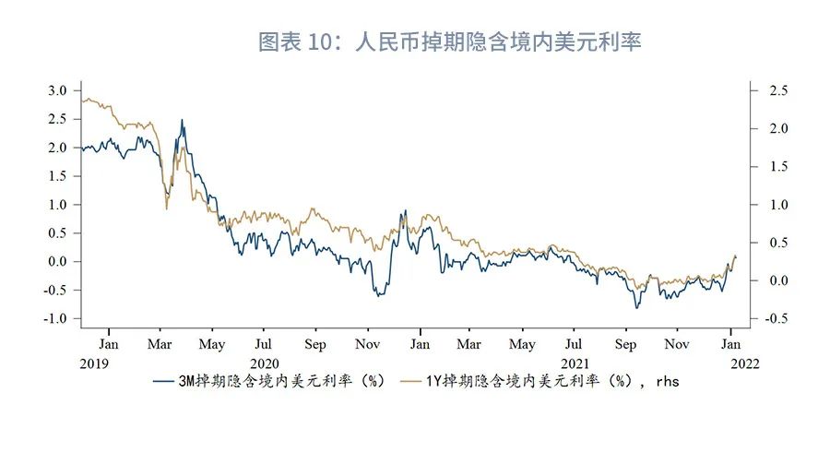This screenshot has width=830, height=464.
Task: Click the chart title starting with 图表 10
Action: pos(449,42)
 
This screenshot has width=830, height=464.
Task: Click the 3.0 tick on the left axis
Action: pos(57,90)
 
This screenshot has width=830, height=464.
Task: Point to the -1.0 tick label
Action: pos(55,318)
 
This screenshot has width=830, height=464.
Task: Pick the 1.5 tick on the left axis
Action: pos(57,176)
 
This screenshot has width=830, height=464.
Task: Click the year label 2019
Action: pos(94,363)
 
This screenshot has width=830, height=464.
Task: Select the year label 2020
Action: pos(264,363)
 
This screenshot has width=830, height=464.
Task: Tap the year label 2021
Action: pos(575,363)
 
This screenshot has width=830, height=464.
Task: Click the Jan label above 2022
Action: pos(731,343)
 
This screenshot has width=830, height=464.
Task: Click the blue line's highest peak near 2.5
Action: pos(182,120)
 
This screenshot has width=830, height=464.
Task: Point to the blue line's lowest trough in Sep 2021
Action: pos(636,307)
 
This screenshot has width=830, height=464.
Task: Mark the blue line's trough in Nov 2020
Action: pos(377,296)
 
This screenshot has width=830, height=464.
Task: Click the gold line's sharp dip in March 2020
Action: pos(166,209)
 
